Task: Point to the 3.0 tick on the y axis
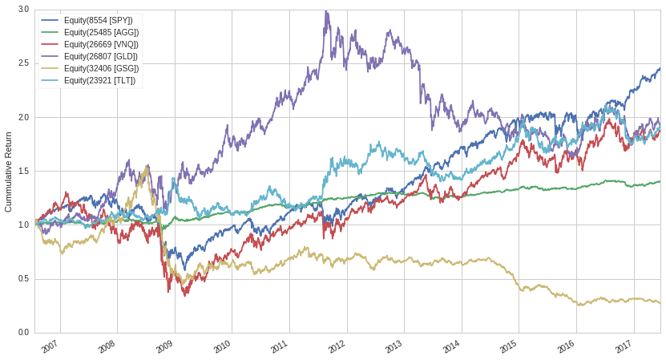(x=23, y=10)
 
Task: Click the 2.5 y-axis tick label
(x=23, y=63)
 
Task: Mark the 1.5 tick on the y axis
(x=23, y=172)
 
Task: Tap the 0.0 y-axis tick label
(x=23, y=333)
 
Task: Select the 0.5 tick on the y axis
(x=23, y=279)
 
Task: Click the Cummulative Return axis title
(x=9, y=172)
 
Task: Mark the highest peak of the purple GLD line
(x=325, y=11)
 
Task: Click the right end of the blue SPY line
(x=660, y=68)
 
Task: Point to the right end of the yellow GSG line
(x=660, y=303)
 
